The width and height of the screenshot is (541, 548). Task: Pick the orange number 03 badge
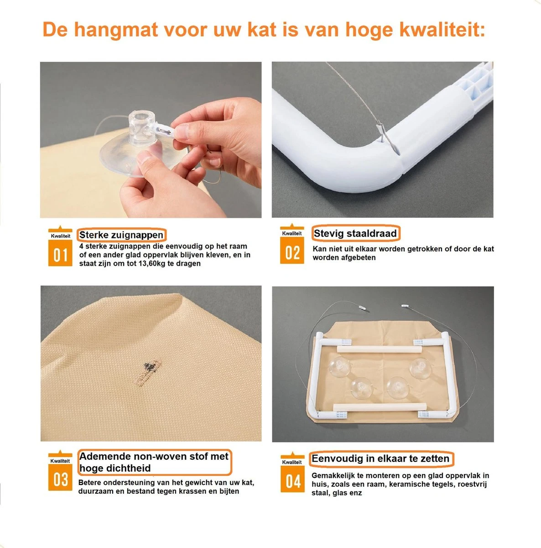pos(60,479)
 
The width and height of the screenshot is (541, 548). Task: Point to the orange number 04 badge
pos(292,481)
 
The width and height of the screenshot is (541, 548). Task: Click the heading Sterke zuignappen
pos(121,235)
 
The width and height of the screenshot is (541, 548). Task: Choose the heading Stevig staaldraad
pos(355,233)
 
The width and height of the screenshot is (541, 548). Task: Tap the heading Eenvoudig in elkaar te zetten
pos(380,458)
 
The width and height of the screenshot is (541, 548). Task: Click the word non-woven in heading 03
pos(156,456)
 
